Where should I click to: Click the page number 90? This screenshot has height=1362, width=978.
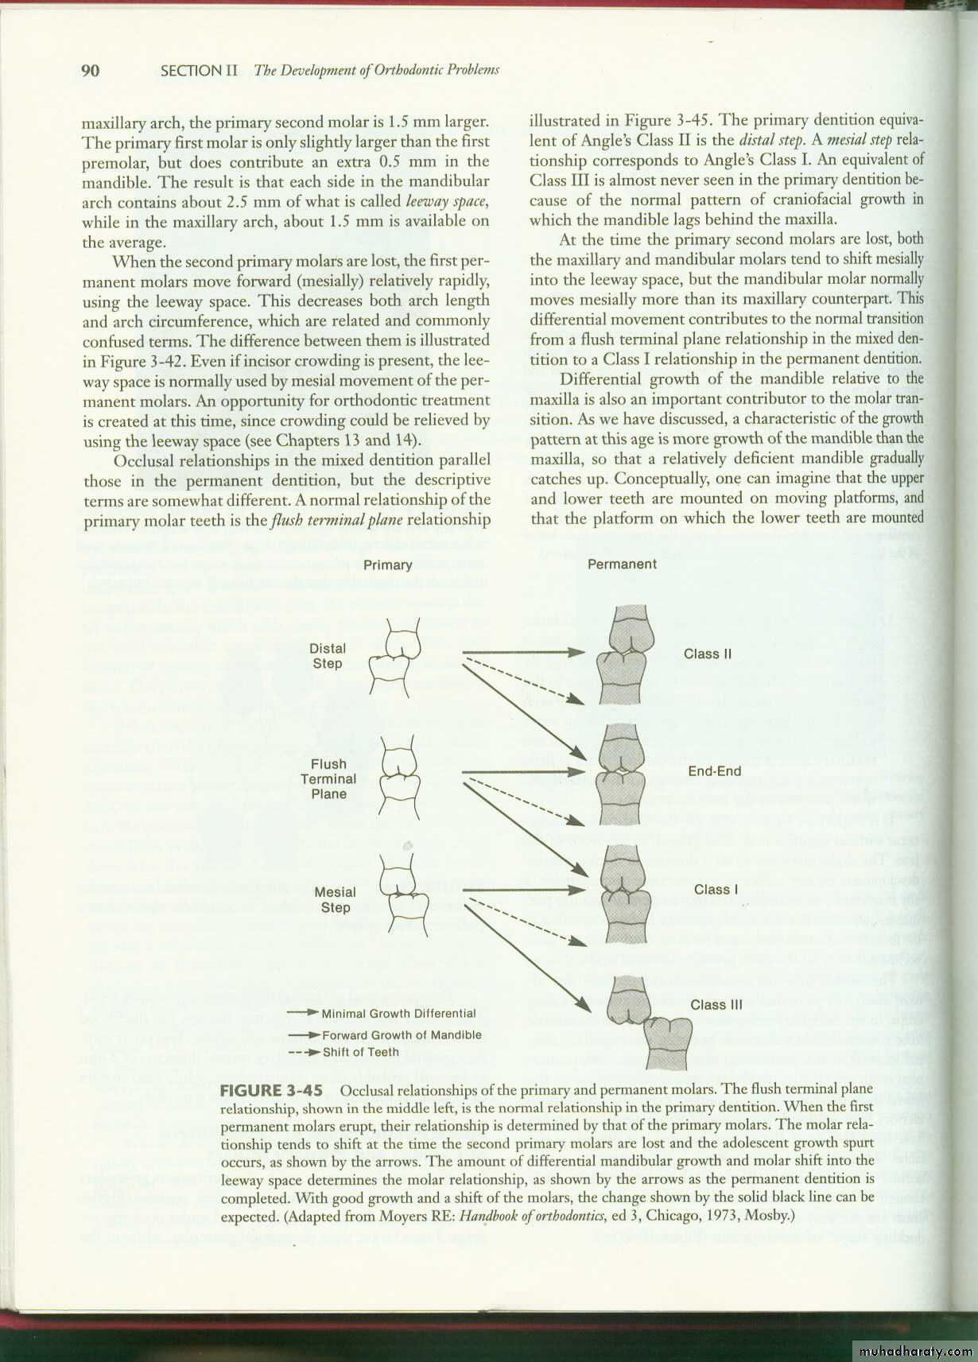[91, 71]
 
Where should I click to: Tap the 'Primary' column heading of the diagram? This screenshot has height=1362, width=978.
[387, 565]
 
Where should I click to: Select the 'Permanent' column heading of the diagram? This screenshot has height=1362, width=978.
[622, 565]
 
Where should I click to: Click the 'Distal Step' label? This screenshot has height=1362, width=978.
[327, 656]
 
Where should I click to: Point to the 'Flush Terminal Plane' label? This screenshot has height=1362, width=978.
[328, 779]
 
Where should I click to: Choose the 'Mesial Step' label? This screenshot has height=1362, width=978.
[335, 900]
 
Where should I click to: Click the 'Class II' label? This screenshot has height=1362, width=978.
[708, 654]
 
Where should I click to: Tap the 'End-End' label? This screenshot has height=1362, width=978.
[714, 771]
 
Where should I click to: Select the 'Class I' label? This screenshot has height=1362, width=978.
[716, 890]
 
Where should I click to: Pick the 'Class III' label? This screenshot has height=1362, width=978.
[716, 1005]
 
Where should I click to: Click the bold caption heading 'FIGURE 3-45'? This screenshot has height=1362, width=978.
[270, 1090]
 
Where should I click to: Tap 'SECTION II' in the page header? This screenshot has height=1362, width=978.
[199, 71]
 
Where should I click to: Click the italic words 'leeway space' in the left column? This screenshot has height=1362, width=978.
[446, 203]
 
